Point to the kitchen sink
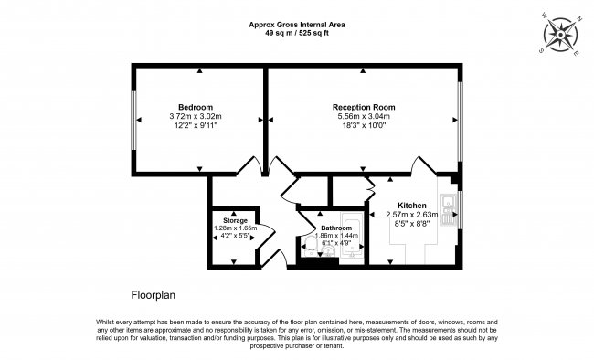point(449,211)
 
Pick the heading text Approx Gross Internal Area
point(296,24)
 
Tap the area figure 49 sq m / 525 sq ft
point(296,33)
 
